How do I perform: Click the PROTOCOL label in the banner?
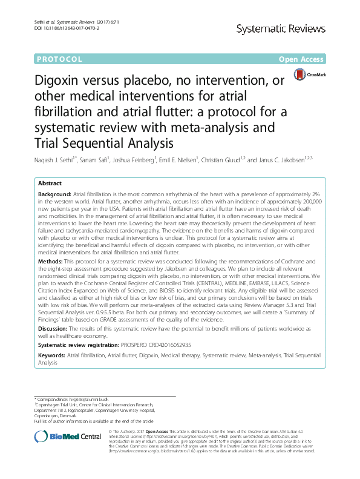pos(59,59)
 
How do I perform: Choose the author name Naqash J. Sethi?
pos(57,159)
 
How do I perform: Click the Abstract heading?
pos(50,183)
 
